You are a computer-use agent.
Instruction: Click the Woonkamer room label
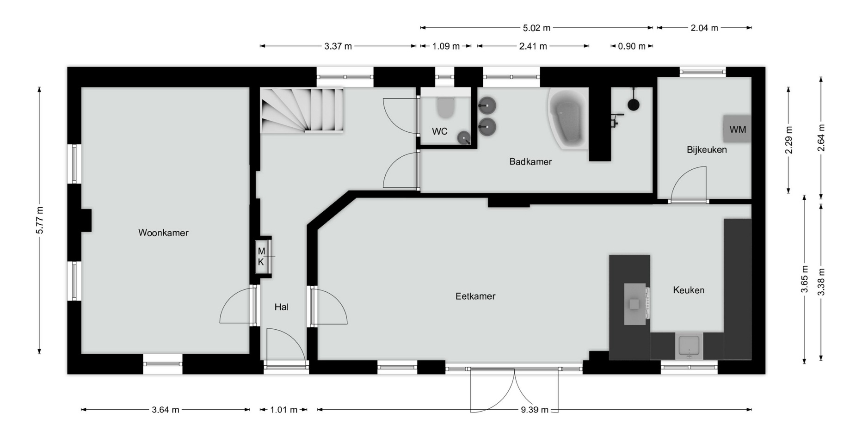coord(163,233)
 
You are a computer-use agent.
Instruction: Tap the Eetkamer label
coord(475,296)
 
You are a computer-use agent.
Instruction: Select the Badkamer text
coord(530,162)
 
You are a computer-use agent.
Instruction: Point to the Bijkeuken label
coord(707,150)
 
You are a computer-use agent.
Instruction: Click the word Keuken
coord(689,290)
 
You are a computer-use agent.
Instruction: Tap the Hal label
coord(281,307)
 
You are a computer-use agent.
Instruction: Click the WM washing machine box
coord(738,129)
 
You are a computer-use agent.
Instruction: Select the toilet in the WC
coord(446,107)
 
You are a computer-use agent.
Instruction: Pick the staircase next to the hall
coord(302,111)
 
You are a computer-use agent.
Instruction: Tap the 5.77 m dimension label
coord(40,220)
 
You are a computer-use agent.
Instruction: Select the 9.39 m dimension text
coord(535,410)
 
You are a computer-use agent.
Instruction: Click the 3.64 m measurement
coord(166,410)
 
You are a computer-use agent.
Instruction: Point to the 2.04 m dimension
coord(704,28)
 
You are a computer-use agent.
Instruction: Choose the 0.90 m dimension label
coord(632,46)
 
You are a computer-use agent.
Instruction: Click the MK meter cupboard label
coord(261,257)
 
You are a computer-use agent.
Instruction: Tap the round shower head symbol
coord(634,105)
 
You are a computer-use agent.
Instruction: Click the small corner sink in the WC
coord(464,137)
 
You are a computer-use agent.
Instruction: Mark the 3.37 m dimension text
coord(338,46)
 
